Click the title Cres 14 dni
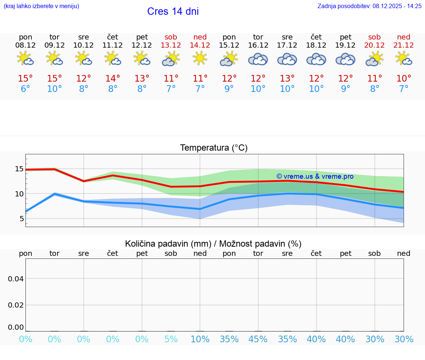click(x=173, y=11)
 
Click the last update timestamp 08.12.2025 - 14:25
click(x=397, y=6)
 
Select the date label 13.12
click(x=171, y=45)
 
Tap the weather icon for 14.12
click(x=200, y=58)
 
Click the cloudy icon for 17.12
click(x=287, y=59)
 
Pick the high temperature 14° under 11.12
click(x=113, y=78)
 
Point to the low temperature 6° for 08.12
click(x=25, y=89)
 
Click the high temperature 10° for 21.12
click(x=404, y=78)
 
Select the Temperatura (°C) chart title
click(x=214, y=148)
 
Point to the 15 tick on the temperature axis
click(x=19, y=169)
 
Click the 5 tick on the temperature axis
click(x=21, y=219)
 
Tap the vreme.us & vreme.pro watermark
click(x=315, y=176)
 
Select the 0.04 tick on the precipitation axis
click(x=16, y=279)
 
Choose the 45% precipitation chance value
click(x=258, y=339)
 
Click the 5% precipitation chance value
click(x=171, y=339)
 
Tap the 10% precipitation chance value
click(x=200, y=339)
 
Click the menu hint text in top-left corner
click(x=41, y=6)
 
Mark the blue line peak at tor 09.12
click(x=55, y=193)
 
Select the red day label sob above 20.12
click(x=374, y=37)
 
